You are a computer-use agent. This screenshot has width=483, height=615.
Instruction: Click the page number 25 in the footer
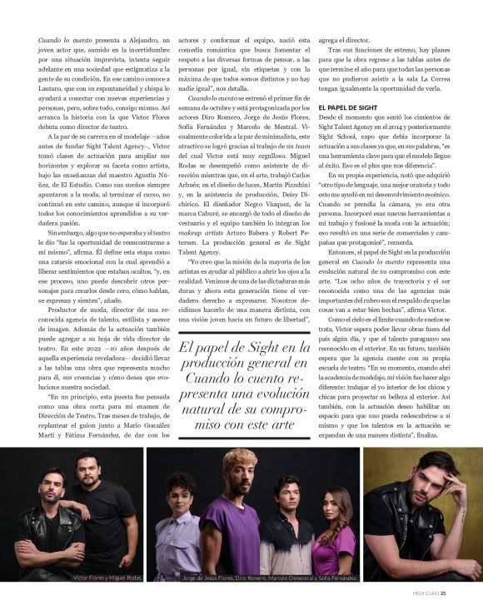pyautogui.click(x=444, y=593)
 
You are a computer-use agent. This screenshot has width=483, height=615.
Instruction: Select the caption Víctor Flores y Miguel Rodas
pyautogui.click(x=107, y=577)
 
